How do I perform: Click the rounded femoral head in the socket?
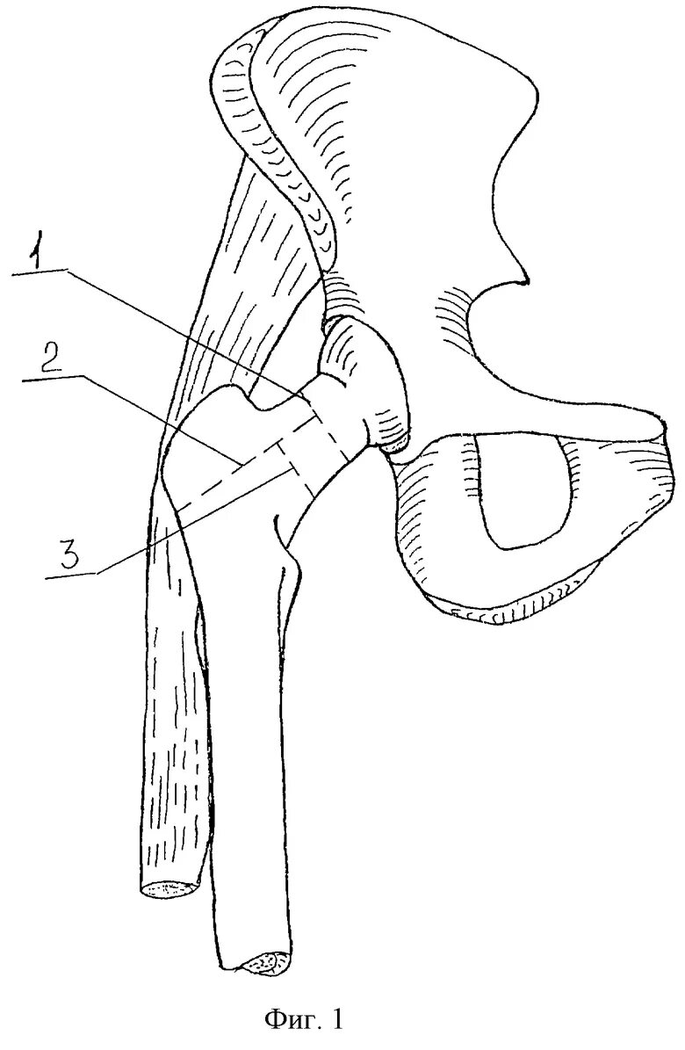pyautogui.click(x=364, y=378)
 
